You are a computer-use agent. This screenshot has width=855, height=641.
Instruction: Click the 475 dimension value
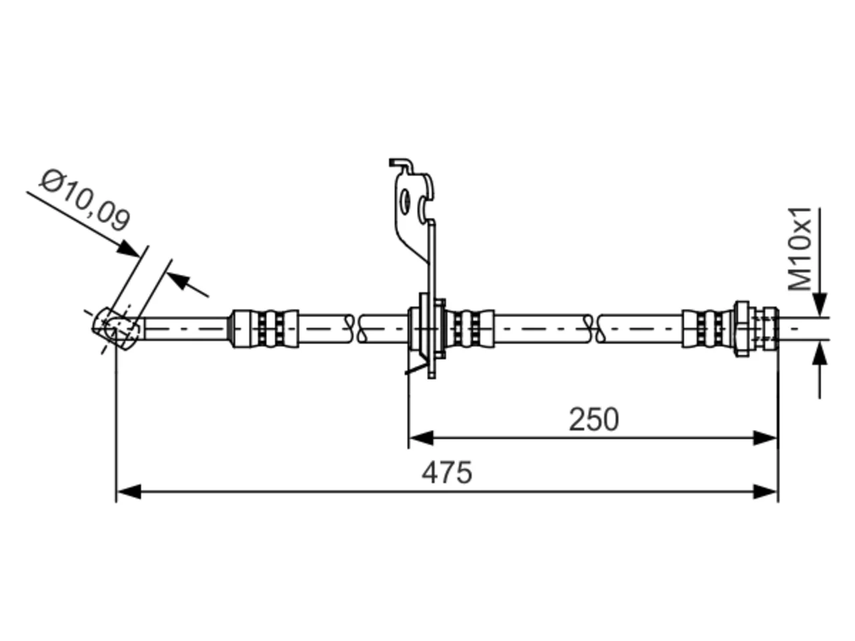pyautogui.click(x=446, y=473)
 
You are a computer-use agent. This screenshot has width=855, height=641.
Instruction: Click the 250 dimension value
pyautogui.click(x=594, y=419)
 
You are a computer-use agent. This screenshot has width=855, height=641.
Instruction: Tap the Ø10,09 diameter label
pyautogui.click(x=85, y=200)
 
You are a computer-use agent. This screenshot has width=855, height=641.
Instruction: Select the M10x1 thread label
pyautogui.click(x=800, y=249)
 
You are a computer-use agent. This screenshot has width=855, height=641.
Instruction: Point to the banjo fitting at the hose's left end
pyautogui.click(x=116, y=329)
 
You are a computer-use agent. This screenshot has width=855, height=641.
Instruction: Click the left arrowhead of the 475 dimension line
pyautogui.click(x=129, y=491)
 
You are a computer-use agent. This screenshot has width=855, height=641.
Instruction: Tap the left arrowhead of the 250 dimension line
pyautogui.click(x=421, y=438)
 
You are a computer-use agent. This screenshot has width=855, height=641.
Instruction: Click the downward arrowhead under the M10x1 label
pyautogui.click(x=820, y=304)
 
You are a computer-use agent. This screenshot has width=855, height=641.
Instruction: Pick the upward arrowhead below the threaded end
pyautogui.click(x=820, y=353)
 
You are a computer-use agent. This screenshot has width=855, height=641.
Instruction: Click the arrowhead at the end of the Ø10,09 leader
pyautogui.click(x=129, y=249)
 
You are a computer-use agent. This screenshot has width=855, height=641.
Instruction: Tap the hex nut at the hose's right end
pyautogui.click(x=742, y=329)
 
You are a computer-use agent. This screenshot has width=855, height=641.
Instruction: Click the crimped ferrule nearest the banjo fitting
pyautogui.click(x=266, y=329)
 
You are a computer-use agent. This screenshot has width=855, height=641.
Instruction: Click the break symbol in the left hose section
pyautogui.click(x=356, y=329)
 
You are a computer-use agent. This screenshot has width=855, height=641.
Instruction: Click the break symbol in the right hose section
pyautogui.click(x=594, y=329)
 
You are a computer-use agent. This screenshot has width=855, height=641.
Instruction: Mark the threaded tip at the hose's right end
pyautogui.click(x=765, y=329)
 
